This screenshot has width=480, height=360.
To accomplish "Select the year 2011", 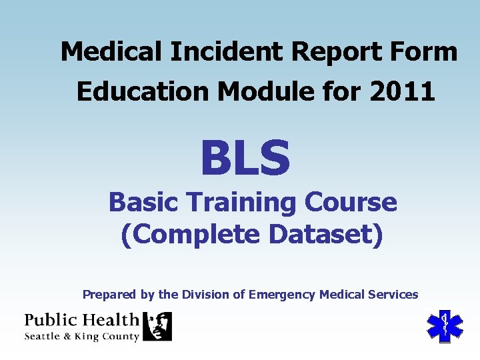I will pyautogui.click(x=404, y=91).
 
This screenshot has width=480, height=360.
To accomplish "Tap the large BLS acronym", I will pyautogui.click(x=245, y=158).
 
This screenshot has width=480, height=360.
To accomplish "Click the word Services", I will pyautogui.click(x=391, y=294).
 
